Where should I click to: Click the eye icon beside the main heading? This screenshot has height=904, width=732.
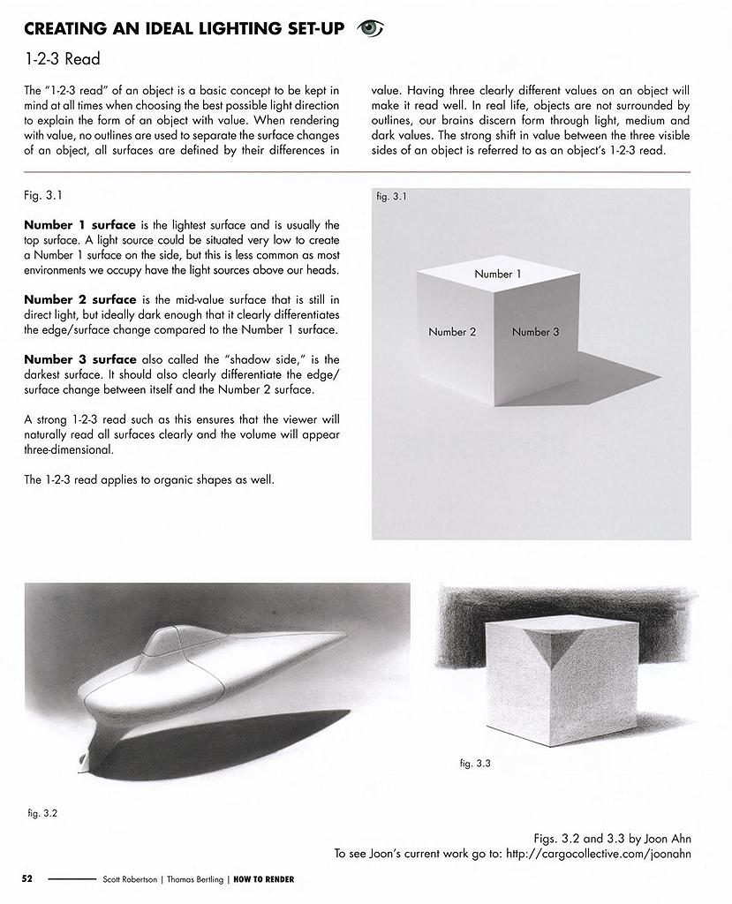click(370, 28)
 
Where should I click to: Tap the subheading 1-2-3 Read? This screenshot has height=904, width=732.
click(62, 59)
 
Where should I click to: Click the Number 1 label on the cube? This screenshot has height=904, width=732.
click(497, 274)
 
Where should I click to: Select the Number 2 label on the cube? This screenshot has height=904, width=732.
click(452, 332)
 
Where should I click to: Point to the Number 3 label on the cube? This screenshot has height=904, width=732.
click(535, 332)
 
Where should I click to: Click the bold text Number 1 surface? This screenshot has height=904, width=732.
click(79, 225)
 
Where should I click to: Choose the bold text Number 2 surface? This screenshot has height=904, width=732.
click(79, 299)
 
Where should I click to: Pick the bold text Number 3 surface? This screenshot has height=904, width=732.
click(79, 359)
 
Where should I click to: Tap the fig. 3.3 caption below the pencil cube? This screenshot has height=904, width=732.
click(475, 764)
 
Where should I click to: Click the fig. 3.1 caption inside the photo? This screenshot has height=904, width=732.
click(391, 197)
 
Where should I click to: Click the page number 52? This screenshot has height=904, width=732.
click(27, 879)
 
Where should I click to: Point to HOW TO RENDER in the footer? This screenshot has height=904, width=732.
click(264, 879)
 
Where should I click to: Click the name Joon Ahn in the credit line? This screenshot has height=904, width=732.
click(663, 839)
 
